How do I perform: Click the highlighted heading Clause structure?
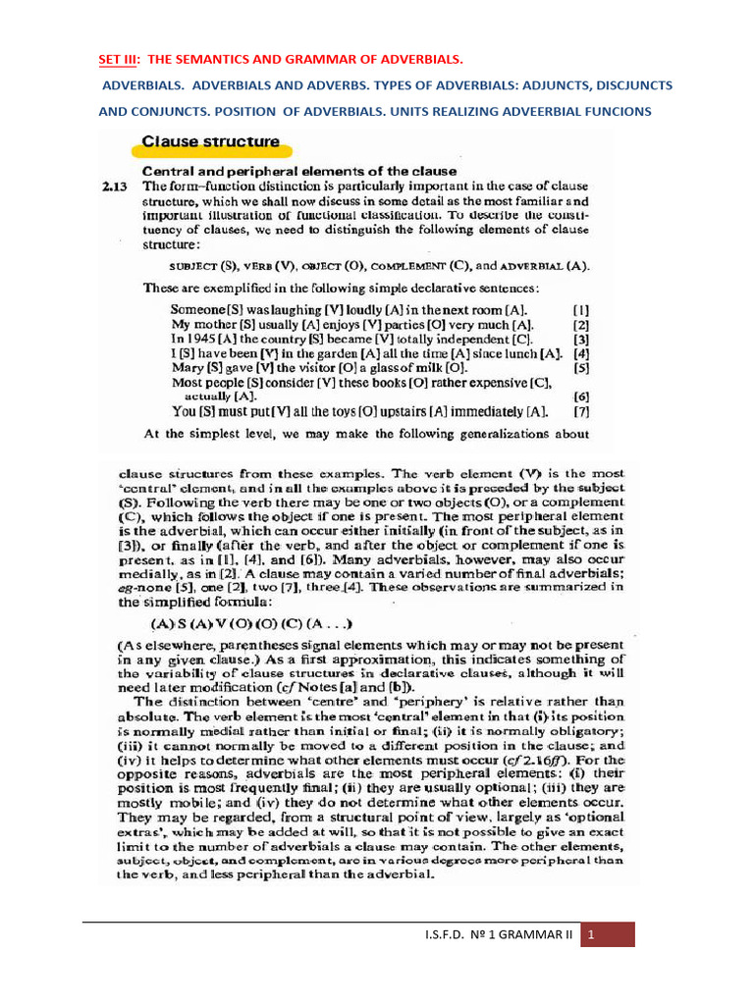[211, 141]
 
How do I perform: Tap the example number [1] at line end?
[581, 307]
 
